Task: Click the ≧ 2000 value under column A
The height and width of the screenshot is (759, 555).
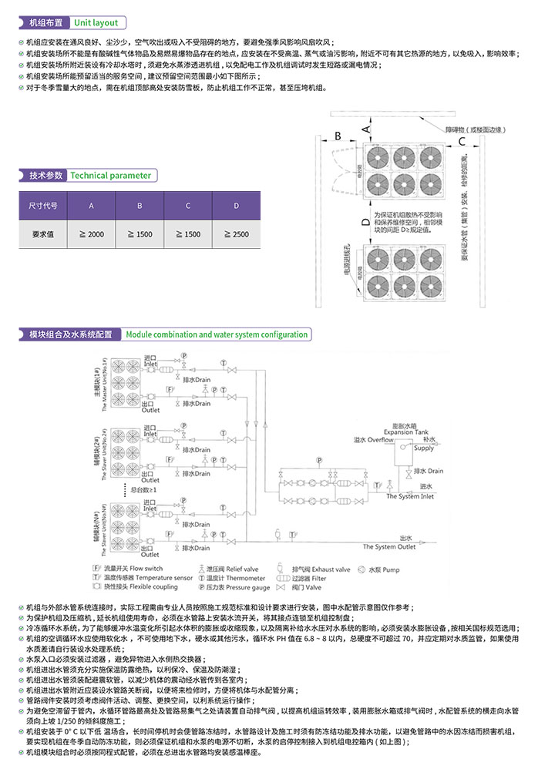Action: [92, 234]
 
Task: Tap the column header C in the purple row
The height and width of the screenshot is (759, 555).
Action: [188, 206]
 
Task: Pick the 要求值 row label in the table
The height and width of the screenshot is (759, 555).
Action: [43, 234]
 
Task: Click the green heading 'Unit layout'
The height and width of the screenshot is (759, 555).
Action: [96, 23]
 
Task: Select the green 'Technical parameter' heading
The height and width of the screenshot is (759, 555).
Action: [111, 176]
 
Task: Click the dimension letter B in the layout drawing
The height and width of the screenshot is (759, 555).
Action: [337, 137]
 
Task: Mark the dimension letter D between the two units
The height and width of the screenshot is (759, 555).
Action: [365, 223]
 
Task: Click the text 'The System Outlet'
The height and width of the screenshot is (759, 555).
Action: [394, 546]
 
